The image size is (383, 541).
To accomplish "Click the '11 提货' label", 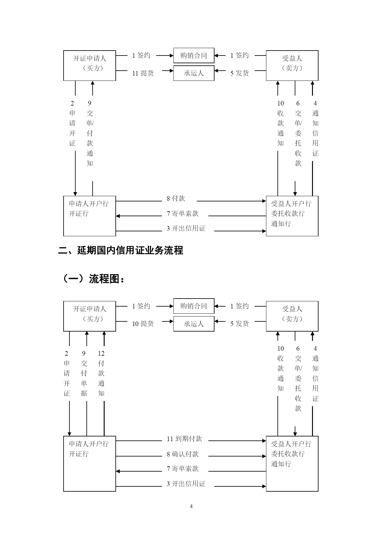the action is pos(143,73).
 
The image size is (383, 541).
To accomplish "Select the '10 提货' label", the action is pos(143,324).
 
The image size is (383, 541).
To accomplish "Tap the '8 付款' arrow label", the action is pos(176,199).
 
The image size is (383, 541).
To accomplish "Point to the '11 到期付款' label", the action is pos(185,439).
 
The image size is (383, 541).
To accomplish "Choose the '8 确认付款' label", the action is pos(183,454).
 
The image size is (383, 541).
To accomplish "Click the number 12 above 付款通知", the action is pos(101,353).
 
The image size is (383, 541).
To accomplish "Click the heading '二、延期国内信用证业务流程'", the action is pos(121,250).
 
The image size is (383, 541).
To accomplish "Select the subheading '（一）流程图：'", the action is pos(94,279).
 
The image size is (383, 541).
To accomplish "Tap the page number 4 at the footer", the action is pos(191,506).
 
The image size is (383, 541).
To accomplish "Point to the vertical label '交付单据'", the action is pos(84,378).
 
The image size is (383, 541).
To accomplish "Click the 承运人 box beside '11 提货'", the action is pos(194,73).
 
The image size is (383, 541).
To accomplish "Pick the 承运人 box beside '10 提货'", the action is pos(194,324).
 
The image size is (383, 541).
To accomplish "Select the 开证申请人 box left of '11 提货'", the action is pos(90,66).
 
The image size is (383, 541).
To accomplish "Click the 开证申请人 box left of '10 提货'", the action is pos(90,316).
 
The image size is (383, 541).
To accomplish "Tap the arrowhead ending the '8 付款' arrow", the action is pos(264,201).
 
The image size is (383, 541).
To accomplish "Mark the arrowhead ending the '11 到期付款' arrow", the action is pos(264,441).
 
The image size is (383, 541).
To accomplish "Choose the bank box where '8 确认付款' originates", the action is pos(90,464).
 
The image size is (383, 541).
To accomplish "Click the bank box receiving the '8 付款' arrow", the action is pos(292,216).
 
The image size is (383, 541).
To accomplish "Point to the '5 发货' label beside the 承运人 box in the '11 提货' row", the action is pos(239,73).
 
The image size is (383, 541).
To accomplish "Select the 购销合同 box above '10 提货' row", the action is pos(194,306).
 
